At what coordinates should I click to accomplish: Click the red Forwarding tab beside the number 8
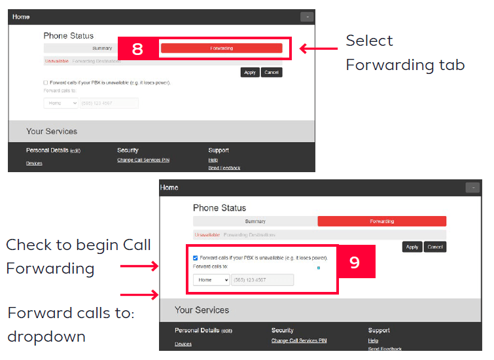pyautogui.click(x=221, y=48)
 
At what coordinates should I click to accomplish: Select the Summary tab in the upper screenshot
pyautogui.click(x=102, y=48)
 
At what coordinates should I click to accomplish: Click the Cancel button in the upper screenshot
pyautogui.click(x=272, y=73)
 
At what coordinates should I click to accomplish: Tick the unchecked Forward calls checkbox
pyautogui.click(x=46, y=83)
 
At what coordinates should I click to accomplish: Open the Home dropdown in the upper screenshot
pyautogui.click(x=61, y=103)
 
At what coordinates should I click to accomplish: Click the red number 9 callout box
pyautogui.click(x=355, y=262)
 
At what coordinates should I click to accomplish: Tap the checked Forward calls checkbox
pyautogui.click(x=196, y=258)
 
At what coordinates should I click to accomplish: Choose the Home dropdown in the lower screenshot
pyautogui.click(x=211, y=279)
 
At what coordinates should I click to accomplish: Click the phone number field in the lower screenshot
pyautogui.click(x=262, y=279)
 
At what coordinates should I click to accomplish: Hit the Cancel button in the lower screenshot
pyautogui.click(x=435, y=247)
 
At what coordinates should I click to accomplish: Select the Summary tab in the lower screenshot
pyautogui.click(x=255, y=221)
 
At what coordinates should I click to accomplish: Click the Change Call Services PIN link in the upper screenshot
pyautogui.click(x=143, y=160)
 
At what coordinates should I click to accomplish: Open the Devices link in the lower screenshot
pyautogui.click(x=183, y=344)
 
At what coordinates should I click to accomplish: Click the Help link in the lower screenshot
pyautogui.click(x=372, y=341)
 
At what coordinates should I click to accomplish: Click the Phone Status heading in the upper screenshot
pyautogui.click(x=69, y=35)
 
